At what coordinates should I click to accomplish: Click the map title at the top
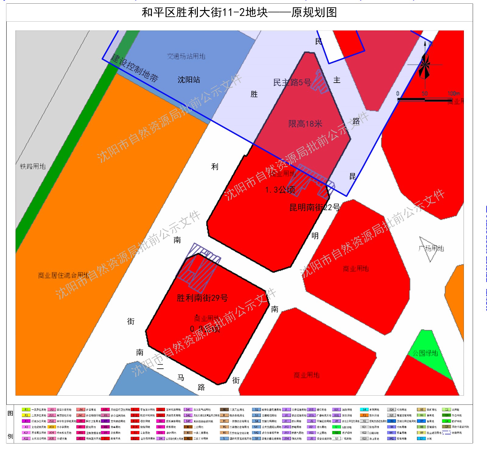(239, 12)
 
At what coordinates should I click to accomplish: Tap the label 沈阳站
(189, 80)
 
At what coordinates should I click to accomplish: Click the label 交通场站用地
(186, 56)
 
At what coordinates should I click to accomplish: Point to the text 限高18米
(305, 124)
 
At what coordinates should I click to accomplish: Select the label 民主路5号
(292, 82)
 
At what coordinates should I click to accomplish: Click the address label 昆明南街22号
(315, 208)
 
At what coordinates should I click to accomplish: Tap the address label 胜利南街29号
(202, 298)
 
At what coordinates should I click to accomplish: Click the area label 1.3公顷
(280, 190)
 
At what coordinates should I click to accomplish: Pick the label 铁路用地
(33, 166)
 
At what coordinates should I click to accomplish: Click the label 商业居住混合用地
(63, 276)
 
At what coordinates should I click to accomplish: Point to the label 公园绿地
(425, 353)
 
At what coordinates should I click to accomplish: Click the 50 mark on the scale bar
(425, 94)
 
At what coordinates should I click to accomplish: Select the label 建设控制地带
(135, 68)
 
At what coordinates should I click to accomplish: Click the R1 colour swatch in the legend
(26, 410)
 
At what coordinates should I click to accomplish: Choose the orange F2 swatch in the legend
(364, 415)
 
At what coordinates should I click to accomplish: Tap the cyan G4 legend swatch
(364, 410)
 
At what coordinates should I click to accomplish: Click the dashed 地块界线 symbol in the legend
(447, 433)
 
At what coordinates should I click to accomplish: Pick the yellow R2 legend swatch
(26, 415)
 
